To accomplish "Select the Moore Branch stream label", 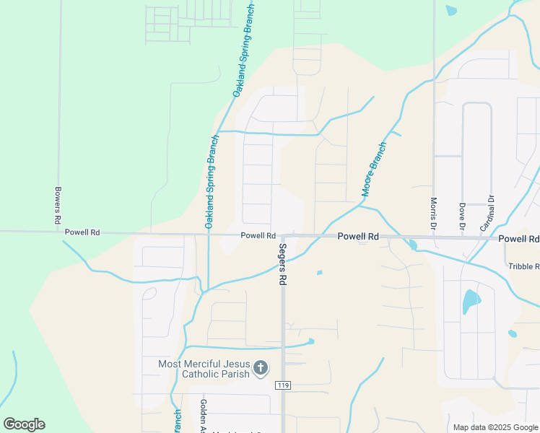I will (x=375, y=170).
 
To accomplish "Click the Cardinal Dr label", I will (x=490, y=210).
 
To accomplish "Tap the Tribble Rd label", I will (x=523, y=266).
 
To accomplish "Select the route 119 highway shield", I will (x=282, y=385).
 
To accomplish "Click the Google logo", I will (x=24, y=424).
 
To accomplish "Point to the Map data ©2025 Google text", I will (x=495, y=427).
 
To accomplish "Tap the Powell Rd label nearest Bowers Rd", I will (x=82, y=232).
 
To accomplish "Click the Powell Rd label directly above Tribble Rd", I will (x=518, y=238).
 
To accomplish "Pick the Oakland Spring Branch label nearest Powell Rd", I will (x=209, y=182).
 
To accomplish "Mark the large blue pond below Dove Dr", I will (x=470, y=300).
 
